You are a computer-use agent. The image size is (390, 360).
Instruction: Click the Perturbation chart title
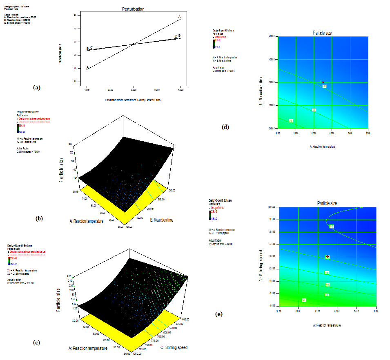[133, 9]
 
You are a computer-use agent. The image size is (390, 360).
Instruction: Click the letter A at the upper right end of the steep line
[179, 17]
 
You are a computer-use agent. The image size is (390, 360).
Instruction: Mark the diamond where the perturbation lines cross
[134, 44]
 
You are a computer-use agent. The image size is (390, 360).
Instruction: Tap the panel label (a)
[37, 87]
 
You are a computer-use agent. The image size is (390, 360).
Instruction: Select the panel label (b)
[39, 218]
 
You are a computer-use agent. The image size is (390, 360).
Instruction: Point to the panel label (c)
[37, 342]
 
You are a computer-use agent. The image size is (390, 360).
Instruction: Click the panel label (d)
[225, 127]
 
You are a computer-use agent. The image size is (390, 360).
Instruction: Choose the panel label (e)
[219, 314]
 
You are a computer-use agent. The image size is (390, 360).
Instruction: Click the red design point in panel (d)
[323, 82]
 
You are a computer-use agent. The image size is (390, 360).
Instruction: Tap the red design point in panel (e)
[327, 256]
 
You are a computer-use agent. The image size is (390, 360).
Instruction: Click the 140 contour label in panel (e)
[332, 226]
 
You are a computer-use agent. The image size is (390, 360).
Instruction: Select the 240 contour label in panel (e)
[304, 300]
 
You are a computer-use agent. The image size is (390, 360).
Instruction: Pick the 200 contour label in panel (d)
[291, 120]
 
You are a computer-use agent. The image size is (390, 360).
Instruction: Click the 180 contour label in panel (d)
[314, 110]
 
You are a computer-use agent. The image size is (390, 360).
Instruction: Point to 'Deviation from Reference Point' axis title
[134, 100]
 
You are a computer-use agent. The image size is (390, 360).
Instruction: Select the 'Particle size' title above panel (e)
[327, 203]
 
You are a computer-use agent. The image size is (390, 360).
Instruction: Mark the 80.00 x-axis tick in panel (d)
[368, 133]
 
